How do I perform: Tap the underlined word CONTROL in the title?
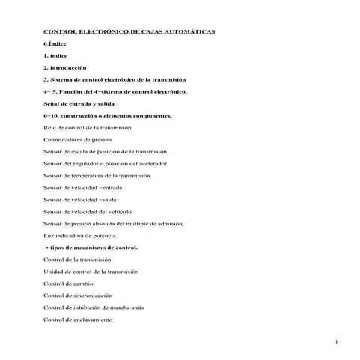[61, 32]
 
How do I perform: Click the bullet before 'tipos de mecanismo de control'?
[47, 248]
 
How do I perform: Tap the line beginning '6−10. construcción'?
[108, 115]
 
